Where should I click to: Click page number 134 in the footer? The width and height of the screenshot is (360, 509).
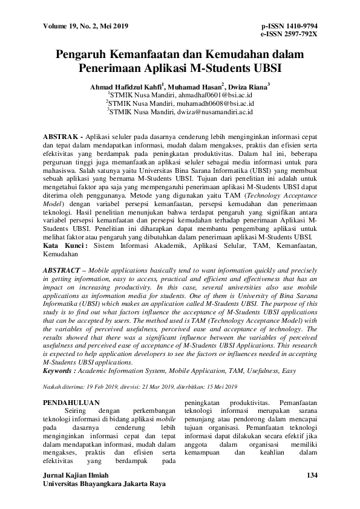point(312,476)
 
